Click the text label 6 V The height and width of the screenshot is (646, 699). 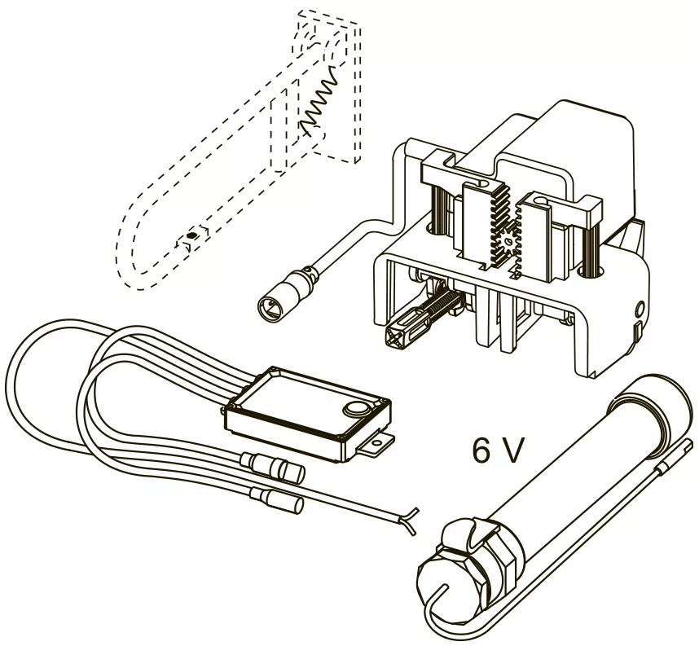(x=497, y=450)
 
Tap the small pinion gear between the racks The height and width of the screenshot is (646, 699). (x=508, y=243)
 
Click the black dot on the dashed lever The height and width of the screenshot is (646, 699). (x=191, y=235)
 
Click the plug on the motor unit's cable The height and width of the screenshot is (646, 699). (x=280, y=296)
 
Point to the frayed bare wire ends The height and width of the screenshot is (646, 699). (x=409, y=520)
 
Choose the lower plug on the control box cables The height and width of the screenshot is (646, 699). (x=276, y=499)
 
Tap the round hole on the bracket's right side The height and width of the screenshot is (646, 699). (x=639, y=308)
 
